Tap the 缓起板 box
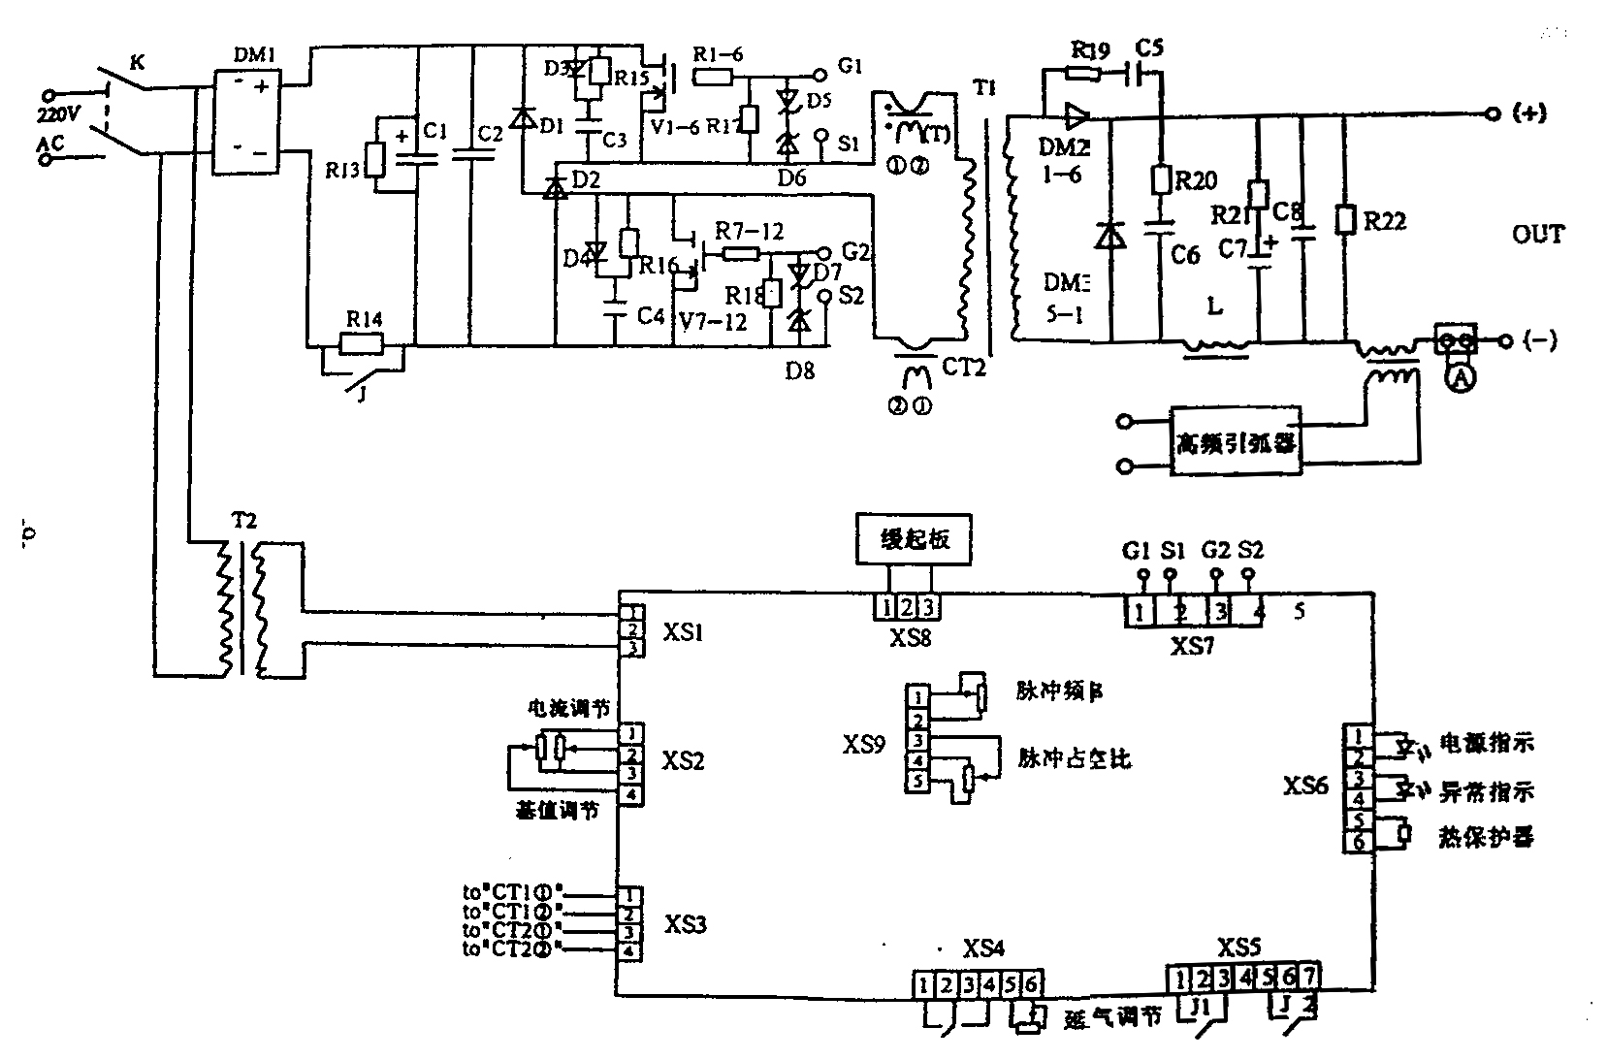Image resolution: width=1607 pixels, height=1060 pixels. click(x=913, y=539)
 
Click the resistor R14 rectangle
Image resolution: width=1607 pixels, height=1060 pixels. click(x=361, y=343)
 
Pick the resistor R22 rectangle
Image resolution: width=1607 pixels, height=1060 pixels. click(x=1344, y=219)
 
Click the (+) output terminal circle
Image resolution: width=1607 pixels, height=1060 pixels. click(x=1493, y=113)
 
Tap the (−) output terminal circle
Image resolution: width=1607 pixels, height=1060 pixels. click(x=1505, y=340)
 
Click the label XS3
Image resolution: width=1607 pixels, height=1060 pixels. click(x=685, y=923)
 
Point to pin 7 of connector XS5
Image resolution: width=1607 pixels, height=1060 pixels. click(x=1309, y=977)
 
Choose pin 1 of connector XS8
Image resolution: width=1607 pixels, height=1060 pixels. click(x=885, y=607)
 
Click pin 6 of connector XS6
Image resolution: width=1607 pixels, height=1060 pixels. click(x=1358, y=842)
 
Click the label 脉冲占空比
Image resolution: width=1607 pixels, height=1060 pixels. click(x=1074, y=757)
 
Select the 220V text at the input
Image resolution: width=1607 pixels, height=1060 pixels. click(x=60, y=114)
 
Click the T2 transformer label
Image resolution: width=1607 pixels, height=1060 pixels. click(x=243, y=521)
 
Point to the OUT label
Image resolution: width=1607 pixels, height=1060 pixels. click(x=1537, y=235)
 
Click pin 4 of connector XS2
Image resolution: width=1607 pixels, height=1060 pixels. click(x=631, y=794)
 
